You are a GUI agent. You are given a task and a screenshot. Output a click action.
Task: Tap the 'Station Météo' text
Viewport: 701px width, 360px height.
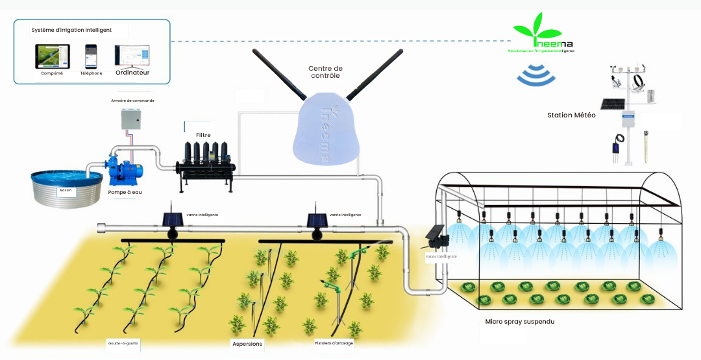(x=571, y=115)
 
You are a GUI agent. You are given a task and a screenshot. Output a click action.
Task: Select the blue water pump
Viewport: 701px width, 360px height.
(x=125, y=167)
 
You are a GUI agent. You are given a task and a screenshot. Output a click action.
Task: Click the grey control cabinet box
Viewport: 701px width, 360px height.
(x=132, y=121)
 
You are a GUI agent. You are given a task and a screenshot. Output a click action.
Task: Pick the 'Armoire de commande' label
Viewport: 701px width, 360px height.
(x=132, y=101)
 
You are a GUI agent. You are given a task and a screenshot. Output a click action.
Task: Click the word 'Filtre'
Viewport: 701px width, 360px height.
(x=203, y=135)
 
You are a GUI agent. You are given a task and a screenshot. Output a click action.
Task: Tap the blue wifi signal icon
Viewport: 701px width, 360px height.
(x=536, y=75)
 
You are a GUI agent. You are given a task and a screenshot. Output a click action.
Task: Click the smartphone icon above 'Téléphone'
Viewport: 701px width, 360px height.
(x=91, y=56)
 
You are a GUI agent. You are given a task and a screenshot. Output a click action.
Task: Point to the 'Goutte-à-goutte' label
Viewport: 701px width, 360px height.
(x=123, y=342)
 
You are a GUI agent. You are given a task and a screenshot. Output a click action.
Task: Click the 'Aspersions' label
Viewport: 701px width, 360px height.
(x=247, y=344)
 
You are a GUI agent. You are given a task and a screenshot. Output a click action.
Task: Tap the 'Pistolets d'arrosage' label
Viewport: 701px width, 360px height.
(x=334, y=342)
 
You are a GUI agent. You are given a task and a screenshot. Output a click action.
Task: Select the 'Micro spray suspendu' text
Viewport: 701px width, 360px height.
(x=519, y=322)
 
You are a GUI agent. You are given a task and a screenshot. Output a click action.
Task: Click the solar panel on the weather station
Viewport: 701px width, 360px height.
(x=612, y=104)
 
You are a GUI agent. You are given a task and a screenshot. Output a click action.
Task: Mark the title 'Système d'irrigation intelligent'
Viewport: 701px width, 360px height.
(x=71, y=30)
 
